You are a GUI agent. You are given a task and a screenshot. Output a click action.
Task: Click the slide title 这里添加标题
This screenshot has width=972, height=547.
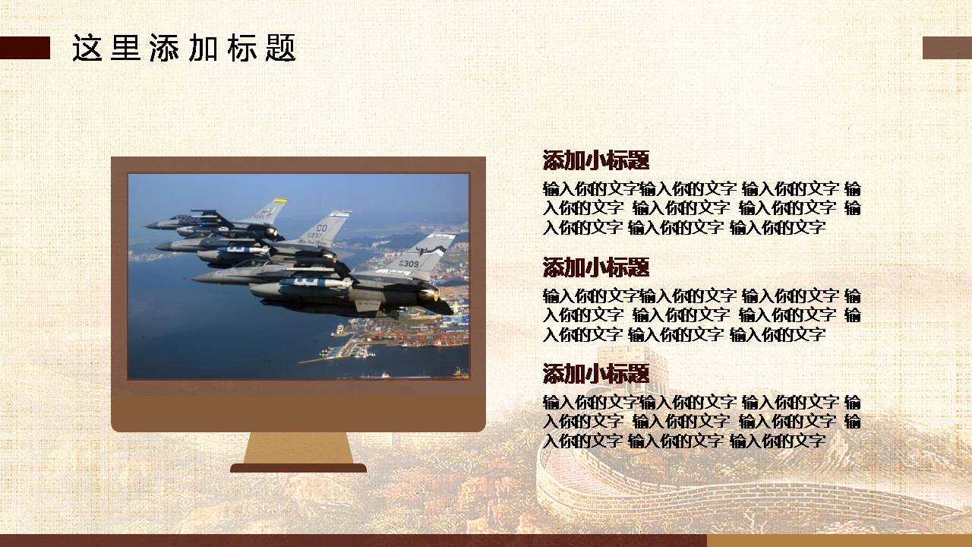pos(184,48)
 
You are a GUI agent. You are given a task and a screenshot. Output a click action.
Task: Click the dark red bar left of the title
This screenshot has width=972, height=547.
pos(25,48)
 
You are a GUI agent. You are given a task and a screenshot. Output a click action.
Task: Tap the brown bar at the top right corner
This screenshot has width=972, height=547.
pos(947,48)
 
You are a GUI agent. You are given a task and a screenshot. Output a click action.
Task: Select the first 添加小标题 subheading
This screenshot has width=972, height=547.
pos(596,160)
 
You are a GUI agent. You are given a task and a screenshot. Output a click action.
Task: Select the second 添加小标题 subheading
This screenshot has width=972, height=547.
pos(596,267)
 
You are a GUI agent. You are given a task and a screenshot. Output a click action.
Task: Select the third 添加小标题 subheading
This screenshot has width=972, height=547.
pos(596,373)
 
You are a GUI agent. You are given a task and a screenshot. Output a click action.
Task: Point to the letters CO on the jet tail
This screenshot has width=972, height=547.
pos(321,228)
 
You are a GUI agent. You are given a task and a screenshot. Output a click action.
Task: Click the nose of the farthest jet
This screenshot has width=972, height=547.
pos(152,226)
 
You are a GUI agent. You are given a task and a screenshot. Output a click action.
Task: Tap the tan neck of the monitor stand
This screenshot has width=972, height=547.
pos(298,448)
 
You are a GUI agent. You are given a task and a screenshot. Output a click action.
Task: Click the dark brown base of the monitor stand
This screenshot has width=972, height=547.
pos(298,468)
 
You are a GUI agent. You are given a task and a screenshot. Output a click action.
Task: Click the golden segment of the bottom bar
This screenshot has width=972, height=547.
pos(839,540)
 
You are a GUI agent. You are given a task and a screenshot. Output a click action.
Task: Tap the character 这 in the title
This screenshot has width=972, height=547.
pos(87,48)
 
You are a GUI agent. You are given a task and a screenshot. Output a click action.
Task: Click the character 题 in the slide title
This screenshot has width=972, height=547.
pos(281,48)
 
